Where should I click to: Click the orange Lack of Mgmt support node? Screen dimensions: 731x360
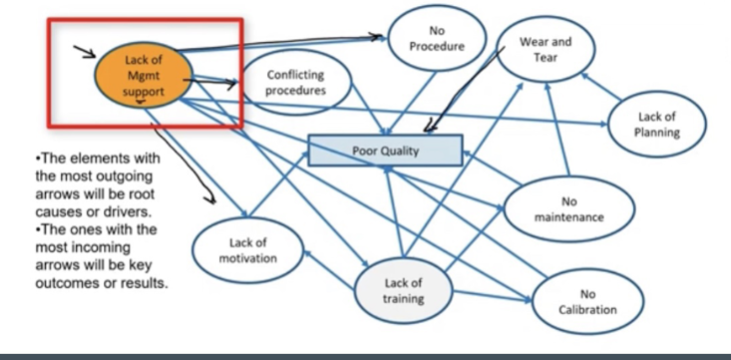(x=144, y=76)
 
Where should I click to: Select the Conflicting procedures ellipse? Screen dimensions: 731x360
(x=295, y=82)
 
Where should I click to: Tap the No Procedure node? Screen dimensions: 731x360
(x=437, y=38)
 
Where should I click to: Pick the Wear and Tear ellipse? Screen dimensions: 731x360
(x=546, y=49)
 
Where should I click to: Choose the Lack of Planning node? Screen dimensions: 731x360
(x=657, y=124)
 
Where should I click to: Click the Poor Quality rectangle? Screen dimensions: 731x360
(x=386, y=151)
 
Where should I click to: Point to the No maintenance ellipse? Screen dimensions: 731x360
(x=568, y=208)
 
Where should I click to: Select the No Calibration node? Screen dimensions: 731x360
(x=587, y=302)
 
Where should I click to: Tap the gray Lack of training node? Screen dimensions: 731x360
(x=403, y=290)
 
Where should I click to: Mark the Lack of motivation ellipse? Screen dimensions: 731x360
(x=248, y=250)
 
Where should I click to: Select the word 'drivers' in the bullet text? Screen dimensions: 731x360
(x=126, y=211)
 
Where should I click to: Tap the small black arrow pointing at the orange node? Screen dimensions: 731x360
(x=85, y=52)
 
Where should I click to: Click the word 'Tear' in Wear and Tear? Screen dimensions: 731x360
(x=546, y=58)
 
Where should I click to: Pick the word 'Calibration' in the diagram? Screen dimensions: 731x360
(x=587, y=309)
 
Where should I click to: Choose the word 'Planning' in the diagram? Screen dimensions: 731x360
(x=657, y=132)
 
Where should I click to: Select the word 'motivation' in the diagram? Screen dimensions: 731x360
(x=248, y=258)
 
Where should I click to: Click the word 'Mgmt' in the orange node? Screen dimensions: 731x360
(x=144, y=76)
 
